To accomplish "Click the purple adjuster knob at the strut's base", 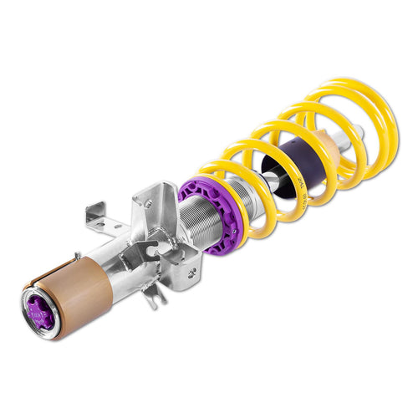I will tap(41, 307).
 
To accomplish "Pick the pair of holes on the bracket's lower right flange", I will tap(193, 268).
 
